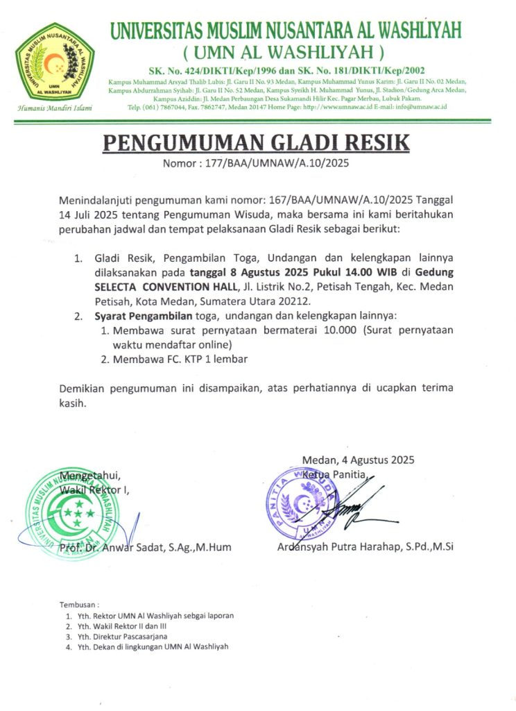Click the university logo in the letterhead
click(x=56, y=63)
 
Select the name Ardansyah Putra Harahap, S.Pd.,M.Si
click(x=365, y=546)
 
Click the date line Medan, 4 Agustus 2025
click(x=358, y=460)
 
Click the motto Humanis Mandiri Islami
click(x=55, y=108)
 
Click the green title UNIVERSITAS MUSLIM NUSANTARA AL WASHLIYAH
click(x=285, y=31)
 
